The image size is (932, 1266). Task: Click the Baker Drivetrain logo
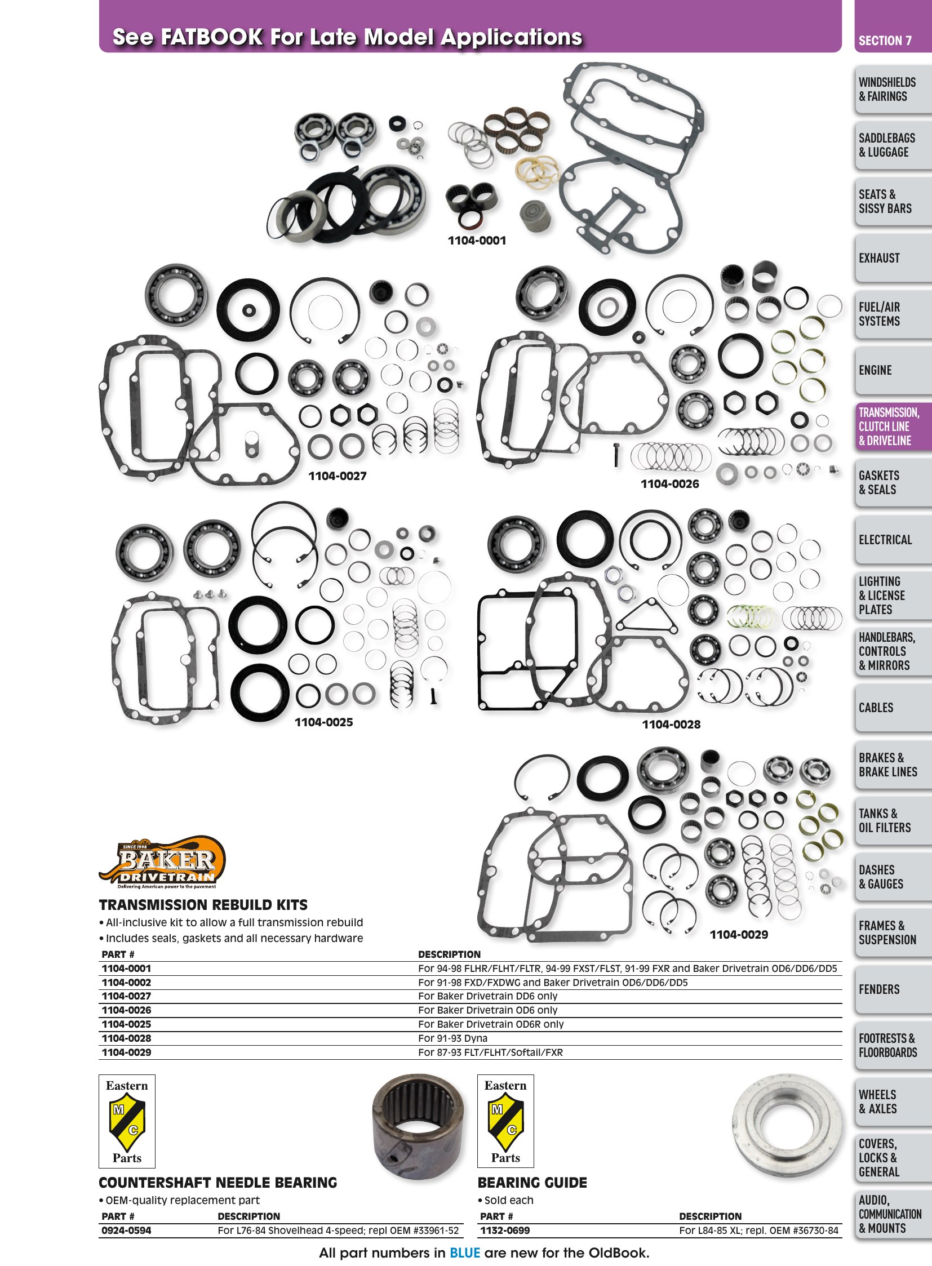point(162,861)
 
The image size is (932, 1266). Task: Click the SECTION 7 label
point(885,41)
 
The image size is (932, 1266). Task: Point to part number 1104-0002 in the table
point(126,982)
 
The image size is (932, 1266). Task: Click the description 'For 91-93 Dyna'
point(452,1038)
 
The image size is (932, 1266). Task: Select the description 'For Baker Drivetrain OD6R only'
point(491,1024)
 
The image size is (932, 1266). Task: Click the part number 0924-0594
point(126,1231)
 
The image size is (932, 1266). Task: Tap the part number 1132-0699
point(505,1231)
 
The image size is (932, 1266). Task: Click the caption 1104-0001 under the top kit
point(477,241)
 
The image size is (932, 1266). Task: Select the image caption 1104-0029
point(739,935)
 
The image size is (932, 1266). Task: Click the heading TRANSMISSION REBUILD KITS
point(203,905)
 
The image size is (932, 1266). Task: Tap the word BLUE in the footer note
point(465,1253)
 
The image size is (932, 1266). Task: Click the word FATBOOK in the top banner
point(212,37)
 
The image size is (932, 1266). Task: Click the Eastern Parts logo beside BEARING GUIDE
point(505,1121)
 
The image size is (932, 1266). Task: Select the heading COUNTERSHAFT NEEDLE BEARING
point(218,1183)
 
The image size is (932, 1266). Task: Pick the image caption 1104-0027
point(338,476)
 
